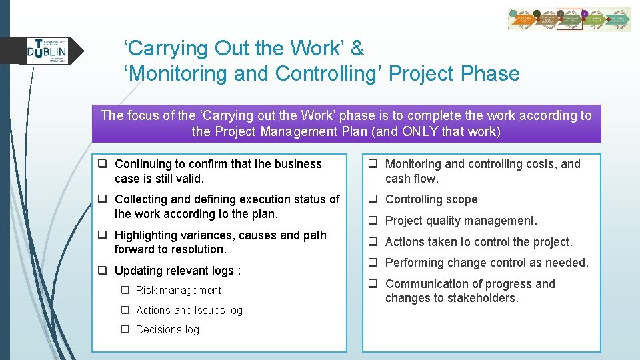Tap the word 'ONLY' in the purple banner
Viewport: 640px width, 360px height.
click(x=420, y=131)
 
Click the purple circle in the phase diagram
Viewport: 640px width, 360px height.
click(x=585, y=13)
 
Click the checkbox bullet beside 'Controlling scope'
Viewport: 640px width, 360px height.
click(x=375, y=199)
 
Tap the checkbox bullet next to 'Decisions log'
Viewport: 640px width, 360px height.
click(x=125, y=329)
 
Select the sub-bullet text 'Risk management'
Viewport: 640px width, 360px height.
click(x=178, y=290)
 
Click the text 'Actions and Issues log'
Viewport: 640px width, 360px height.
click(x=189, y=310)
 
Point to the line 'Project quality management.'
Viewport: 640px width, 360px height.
click(x=461, y=221)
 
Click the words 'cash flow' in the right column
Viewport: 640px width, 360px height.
click(x=411, y=179)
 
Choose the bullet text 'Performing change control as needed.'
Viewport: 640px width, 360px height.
click(x=487, y=263)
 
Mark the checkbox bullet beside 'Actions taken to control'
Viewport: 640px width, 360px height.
click(x=375, y=242)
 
